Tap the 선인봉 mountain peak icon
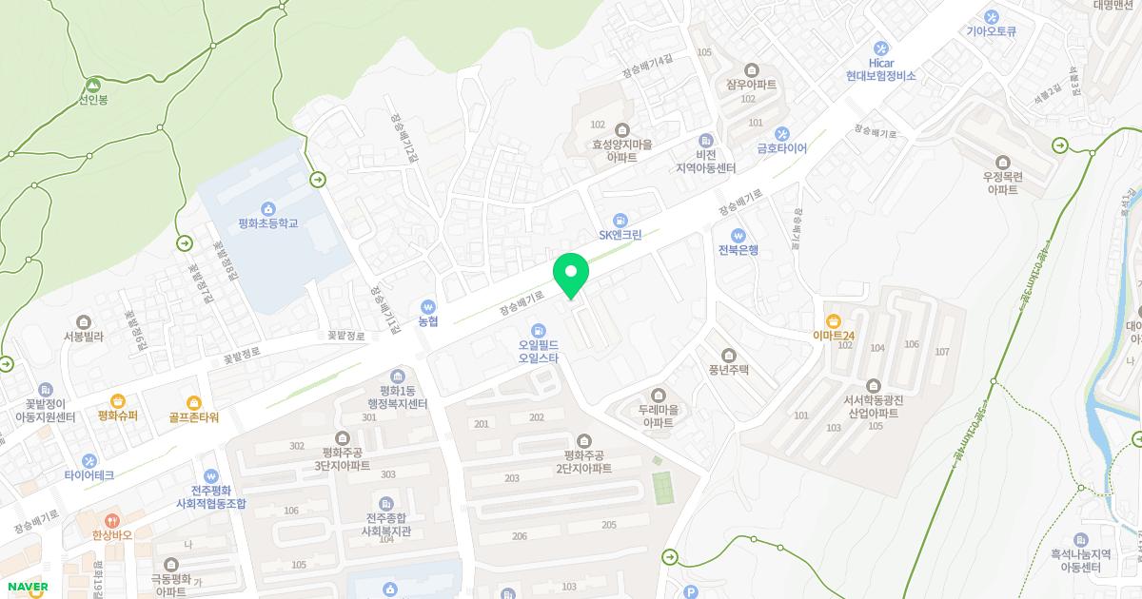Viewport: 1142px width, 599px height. pyautogui.click(x=93, y=85)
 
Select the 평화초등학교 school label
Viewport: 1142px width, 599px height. pyautogui.click(x=268, y=223)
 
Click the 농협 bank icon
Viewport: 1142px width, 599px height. pyautogui.click(x=428, y=307)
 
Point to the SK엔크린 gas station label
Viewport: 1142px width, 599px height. pyautogui.click(x=620, y=235)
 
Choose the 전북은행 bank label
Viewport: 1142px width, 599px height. pyautogui.click(x=738, y=250)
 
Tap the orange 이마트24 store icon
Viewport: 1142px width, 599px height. pyautogui.click(x=835, y=320)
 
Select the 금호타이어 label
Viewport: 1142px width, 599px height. pyautogui.click(x=781, y=148)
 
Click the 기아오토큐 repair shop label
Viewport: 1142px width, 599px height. pyautogui.click(x=991, y=30)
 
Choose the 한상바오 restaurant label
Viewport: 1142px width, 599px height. pyautogui.click(x=112, y=534)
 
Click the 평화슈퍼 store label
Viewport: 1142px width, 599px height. pyautogui.click(x=118, y=415)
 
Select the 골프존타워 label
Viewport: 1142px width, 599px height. pyautogui.click(x=194, y=416)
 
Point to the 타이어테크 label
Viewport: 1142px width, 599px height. pyautogui.click(x=89, y=474)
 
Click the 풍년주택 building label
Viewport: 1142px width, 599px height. pyautogui.click(x=729, y=369)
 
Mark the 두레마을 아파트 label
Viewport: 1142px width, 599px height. pyautogui.click(x=658, y=415)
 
